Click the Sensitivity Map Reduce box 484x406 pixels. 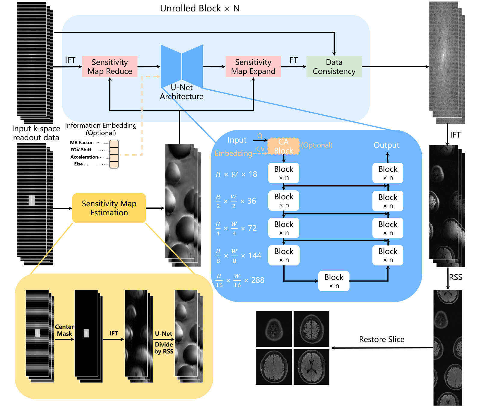[x=110, y=66]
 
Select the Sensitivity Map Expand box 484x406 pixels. [x=253, y=66]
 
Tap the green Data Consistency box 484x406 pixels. [x=334, y=66]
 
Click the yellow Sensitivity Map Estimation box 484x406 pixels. [x=109, y=208]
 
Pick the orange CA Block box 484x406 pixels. [x=283, y=146]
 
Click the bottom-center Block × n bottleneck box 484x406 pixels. [x=334, y=281]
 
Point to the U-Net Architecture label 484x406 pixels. [x=182, y=92]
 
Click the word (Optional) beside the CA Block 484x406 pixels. [x=317, y=145]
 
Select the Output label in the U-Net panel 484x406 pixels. [x=387, y=145]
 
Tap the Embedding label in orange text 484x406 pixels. [x=233, y=153]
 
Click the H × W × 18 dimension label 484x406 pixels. [x=236, y=174]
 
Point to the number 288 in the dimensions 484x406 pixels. [x=258, y=280]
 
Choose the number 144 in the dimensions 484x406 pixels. [x=255, y=256]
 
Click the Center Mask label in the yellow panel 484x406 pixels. [x=64, y=330]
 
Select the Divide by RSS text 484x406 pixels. [x=164, y=348]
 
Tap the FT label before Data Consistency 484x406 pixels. [x=294, y=60]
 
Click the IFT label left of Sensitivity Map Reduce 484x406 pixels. [x=70, y=60]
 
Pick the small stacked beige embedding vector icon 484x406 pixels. [x=114, y=154]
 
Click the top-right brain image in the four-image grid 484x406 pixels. [x=311, y=329]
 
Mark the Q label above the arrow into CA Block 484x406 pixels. [x=260, y=136]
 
